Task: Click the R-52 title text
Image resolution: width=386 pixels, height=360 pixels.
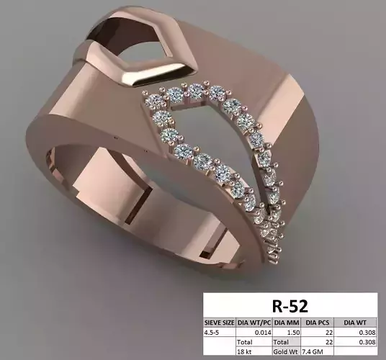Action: [x=291, y=305]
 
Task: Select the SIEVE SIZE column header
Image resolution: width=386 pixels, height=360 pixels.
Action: [x=220, y=323]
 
